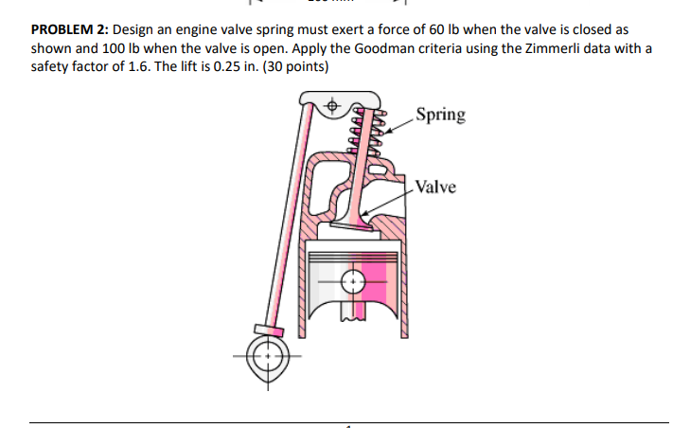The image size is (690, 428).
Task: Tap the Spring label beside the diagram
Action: click(441, 115)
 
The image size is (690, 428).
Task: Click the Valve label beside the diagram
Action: click(435, 187)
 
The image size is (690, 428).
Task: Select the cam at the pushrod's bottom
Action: click(268, 357)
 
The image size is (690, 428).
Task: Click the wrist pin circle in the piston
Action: click(353, 281)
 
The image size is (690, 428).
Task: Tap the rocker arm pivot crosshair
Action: click(332, 108)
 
